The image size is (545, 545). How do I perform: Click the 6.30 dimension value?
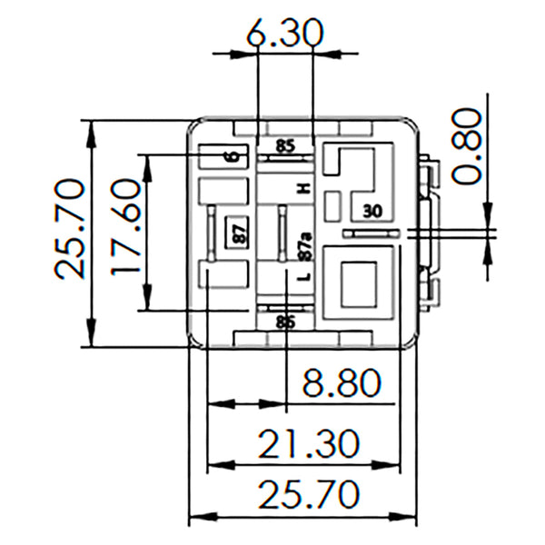pos(285,35)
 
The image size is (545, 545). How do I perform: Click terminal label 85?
pos(285,144)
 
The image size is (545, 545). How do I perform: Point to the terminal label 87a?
pos(305,243)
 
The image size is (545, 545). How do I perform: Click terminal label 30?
pos(372,211)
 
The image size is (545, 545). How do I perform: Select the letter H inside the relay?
pos(305,188)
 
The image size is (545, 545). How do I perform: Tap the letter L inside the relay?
pos(305,275)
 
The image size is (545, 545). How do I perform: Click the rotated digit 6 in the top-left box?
pos(234,156)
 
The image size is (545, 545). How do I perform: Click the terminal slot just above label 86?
pos(285,309)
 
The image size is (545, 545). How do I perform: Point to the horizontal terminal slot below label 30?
pos(371,233)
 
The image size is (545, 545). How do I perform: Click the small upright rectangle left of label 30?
pos(333,206)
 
